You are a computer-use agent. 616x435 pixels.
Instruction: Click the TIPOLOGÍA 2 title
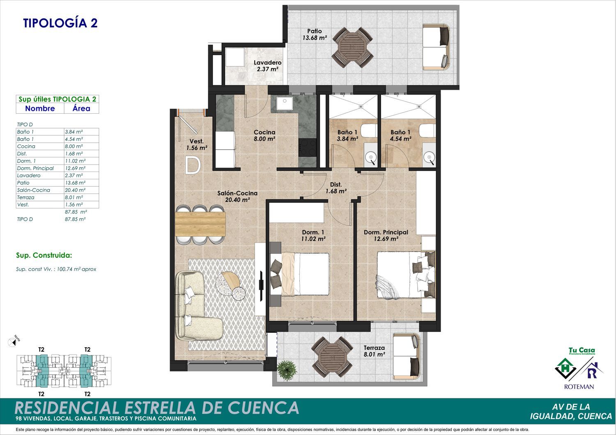(x=60, y=23)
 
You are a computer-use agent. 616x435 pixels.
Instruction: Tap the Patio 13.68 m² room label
(x=315, y=34)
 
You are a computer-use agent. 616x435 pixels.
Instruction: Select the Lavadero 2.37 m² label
(x=267, y=66)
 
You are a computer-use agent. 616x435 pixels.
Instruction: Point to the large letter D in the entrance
(x=193, y=165)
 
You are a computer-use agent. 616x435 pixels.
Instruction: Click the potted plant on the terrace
(x=287, y=370)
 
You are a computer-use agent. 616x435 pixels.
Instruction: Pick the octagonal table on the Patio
(x=352, y=47)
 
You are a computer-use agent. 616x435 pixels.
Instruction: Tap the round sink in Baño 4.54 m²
(x=429, y=158)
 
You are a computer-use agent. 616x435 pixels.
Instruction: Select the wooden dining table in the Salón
(x=200, y=224)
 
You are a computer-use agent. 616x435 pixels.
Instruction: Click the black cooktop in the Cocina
(x=308, y=148)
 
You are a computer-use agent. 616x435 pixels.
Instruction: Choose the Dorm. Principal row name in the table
(x=35, y=168)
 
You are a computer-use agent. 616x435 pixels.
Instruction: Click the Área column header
(x=81, y=108)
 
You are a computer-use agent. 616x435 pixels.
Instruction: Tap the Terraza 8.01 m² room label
(x=374, y=351)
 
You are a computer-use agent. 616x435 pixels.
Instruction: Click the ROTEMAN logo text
(x=579, y=387)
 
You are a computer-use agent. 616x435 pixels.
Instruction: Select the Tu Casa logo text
(x=582, y=350)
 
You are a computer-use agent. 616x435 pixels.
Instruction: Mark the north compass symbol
(x=12, y=342)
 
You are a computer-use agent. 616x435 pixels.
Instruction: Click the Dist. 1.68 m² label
(x=336, y=188)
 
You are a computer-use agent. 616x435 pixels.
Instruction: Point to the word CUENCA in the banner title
(x=264, y=408)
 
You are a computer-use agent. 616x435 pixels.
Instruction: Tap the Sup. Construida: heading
(x=44, y=255)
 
